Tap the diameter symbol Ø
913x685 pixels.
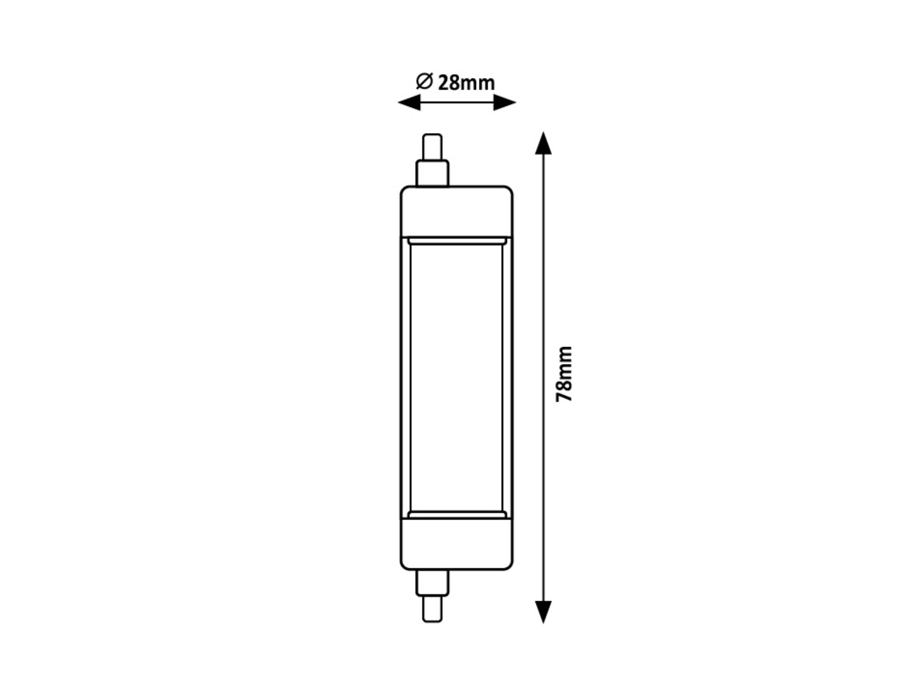tap(424, 81)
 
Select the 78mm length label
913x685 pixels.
tap(563, 374)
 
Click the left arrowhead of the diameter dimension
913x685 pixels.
tap(409, 103)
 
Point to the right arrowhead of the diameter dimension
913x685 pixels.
tap(504, 103)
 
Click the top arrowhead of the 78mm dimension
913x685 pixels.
tap(543, 143)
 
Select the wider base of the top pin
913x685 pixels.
tap(432, 173)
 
